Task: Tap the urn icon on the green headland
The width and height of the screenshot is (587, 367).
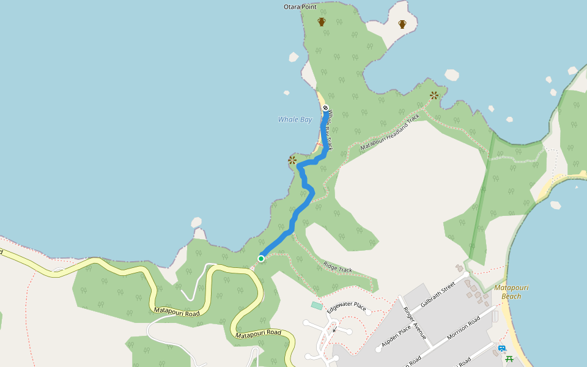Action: [322, 22]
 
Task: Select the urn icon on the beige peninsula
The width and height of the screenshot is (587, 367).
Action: [402, 24]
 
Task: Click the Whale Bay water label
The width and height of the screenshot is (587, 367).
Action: [295, 119]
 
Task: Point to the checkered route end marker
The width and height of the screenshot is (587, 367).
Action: [326, 108]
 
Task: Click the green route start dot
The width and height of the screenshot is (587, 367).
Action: [261, 259]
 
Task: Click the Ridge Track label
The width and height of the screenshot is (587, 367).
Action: [338, 267]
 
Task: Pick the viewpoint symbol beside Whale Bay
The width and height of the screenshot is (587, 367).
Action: [292, 161]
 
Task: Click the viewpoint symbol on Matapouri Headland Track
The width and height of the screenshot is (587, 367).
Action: [434, 95]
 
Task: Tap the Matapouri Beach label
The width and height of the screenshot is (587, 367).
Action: [511, 292]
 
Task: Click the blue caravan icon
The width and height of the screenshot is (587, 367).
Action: [502, 349]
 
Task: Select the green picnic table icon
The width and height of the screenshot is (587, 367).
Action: [509, 358]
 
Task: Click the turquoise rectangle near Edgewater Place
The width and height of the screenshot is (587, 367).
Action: [316, 305]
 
